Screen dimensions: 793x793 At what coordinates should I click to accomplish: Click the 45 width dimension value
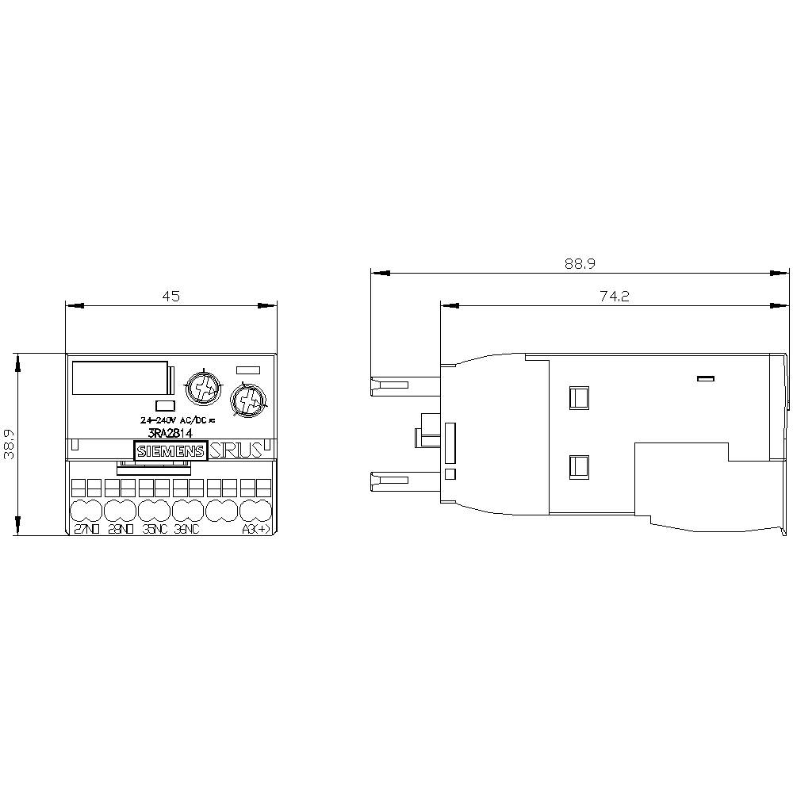coord(171,296)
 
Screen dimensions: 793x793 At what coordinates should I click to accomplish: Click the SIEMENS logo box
coord(171,451)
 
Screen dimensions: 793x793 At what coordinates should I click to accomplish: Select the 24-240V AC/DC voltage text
coord(182,419)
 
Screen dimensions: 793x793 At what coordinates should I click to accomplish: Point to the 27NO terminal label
coord(86,531)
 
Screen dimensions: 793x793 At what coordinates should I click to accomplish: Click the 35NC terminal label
coord(155,531)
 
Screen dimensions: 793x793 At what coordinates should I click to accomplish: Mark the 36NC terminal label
coord(188,531)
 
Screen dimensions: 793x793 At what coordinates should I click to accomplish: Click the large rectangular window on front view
coord(121,378)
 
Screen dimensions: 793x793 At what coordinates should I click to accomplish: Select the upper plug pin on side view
coord(389,385)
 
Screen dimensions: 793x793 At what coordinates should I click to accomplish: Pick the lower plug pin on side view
coord(389,481)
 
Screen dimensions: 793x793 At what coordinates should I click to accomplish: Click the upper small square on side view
coord(579,396)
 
